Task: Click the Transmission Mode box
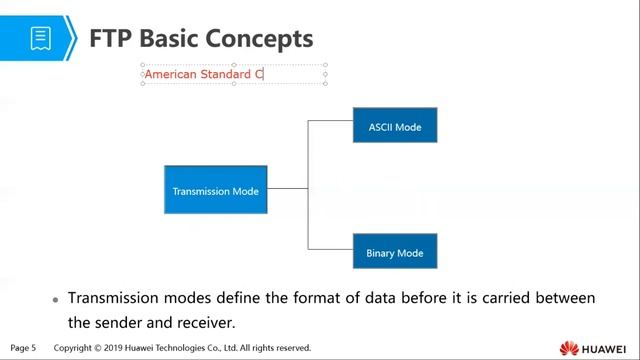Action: click(x=215, y=190)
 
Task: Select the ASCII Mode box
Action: click(x=394, y=127)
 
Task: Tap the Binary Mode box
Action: click(x=394, y=252)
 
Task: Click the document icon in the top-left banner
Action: click(x=40, y=38)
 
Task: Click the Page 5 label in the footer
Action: click(x=23, y=348)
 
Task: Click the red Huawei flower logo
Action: click(x=569, y=348)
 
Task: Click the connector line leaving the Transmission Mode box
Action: click(x=287, y=188)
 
